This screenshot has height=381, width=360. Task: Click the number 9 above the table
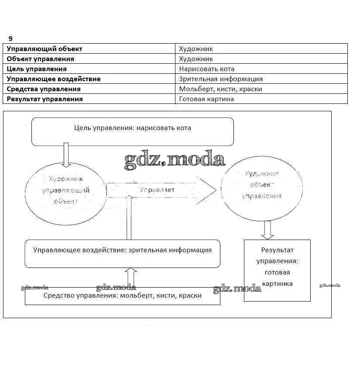click(10, 38)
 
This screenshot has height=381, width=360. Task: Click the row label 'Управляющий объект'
click(45, 49)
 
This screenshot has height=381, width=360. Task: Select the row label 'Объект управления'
click(41, 59)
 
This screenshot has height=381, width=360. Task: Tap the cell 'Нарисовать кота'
click(207, 69)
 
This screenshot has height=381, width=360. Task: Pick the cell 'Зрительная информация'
click(221, 79)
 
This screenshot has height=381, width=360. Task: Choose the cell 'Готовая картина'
click(206, 99)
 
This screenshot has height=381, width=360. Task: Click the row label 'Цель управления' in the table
click(37, 69)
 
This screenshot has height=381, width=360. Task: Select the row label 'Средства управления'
click(44, 89)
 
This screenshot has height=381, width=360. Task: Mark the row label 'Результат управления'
click(45, 99)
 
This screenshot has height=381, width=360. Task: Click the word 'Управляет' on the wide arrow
click(157, 190)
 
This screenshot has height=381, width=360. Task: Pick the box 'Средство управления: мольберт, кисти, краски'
click(122, 296)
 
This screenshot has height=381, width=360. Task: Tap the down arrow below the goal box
click(66, 155)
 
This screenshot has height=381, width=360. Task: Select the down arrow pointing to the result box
click(267, 230)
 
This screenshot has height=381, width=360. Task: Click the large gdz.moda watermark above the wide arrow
click(175, 160)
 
